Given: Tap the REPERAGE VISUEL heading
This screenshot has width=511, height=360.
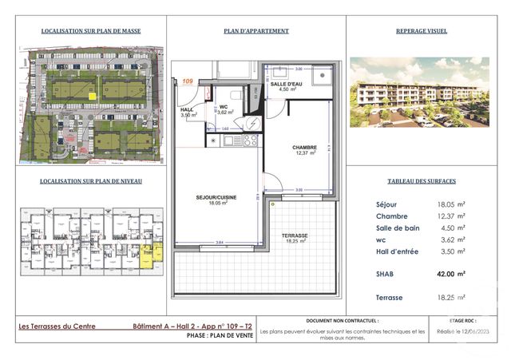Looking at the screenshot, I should pyautogui.click(x=421, y=31).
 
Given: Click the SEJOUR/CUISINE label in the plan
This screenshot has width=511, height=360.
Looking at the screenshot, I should pyautogui.click(x=214, y=198).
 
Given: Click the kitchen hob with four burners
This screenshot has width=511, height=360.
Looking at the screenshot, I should pyautogui.click(x=249, y=140).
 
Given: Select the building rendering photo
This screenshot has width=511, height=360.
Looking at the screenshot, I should pyautogui.click(x=421, y=93).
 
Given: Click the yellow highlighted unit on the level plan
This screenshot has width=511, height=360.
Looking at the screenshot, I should pyautogui.click(x=149, y=255).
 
